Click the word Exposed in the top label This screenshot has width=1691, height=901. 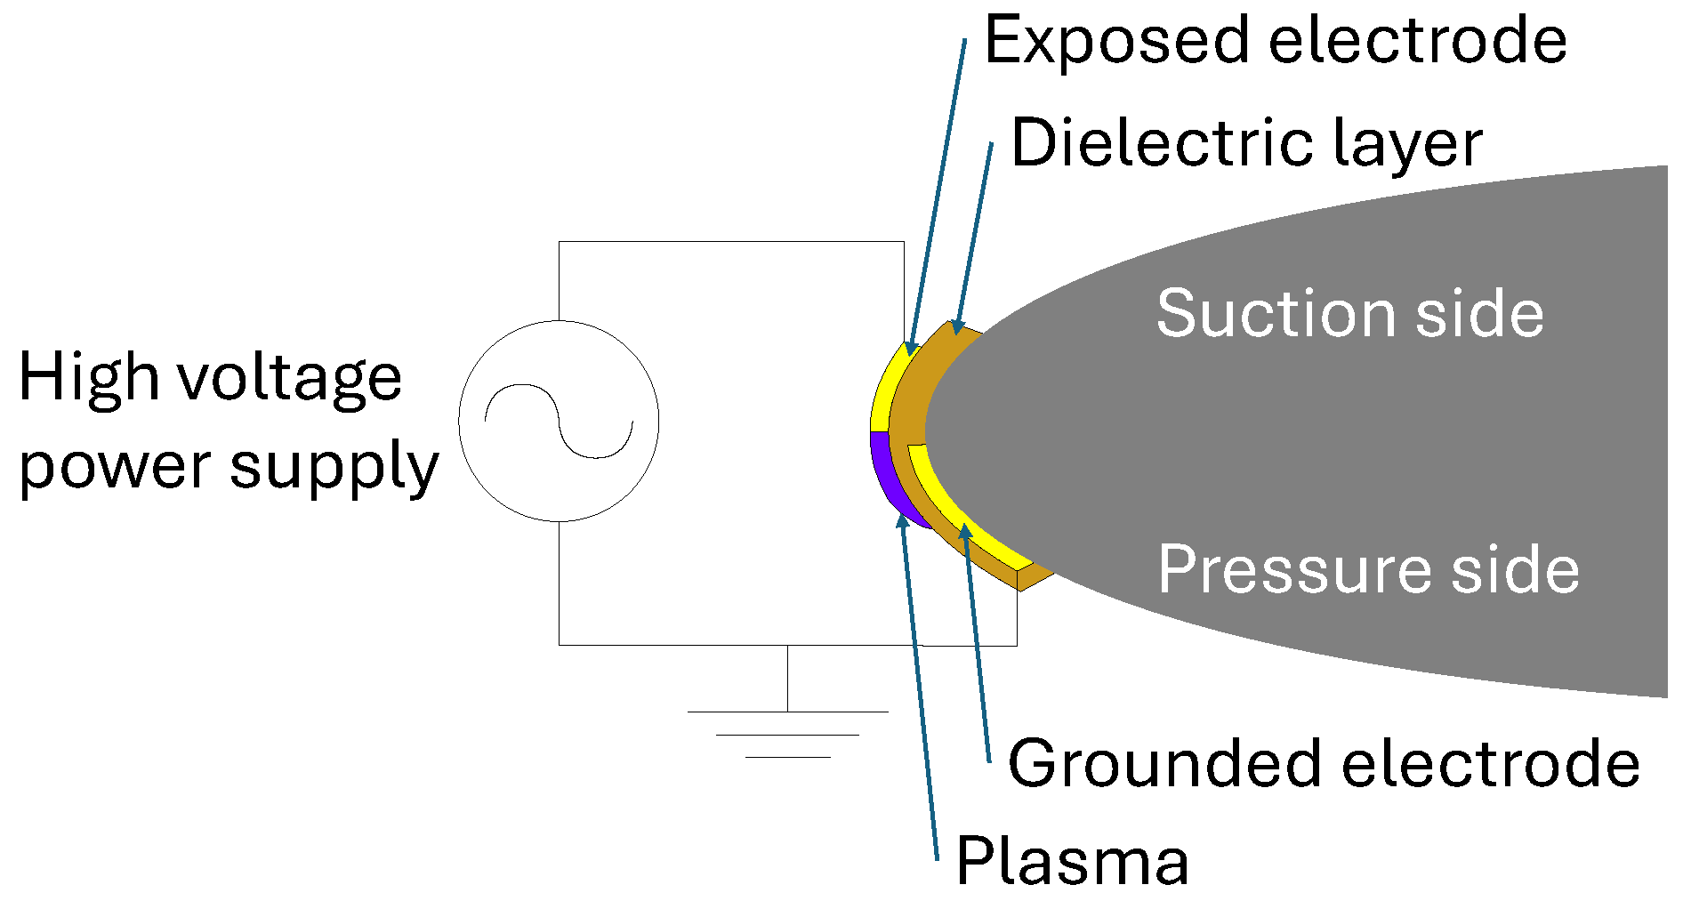click(x=1117, y=41)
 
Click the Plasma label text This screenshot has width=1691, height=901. click(x=1072, y=861)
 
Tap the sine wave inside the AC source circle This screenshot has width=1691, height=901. click(x=559, y=421)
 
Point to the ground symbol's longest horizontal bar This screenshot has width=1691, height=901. click(x=787, y=712)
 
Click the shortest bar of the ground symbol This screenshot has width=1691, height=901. click(x=787, y=757)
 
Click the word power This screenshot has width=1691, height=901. click(x=116, y=468)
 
